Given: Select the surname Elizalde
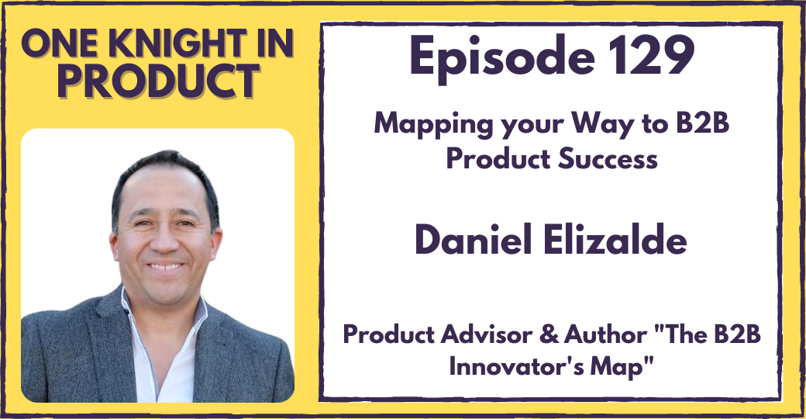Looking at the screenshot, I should tap(612, 241).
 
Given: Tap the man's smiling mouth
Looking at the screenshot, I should tap(166, 268).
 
